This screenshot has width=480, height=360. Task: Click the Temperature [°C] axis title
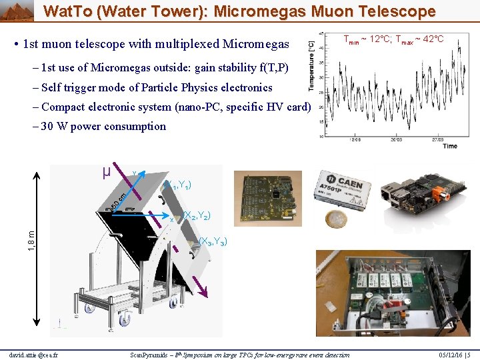click(311, 64)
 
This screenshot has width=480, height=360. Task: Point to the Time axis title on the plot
click(450, 145)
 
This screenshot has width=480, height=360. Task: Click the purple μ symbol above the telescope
click(106, 171)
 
